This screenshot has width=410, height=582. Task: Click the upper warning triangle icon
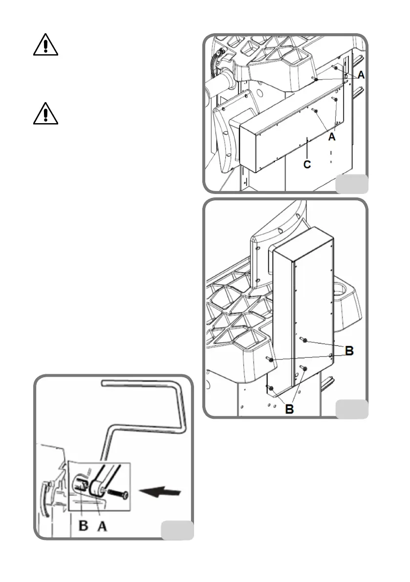[x=46, y=46]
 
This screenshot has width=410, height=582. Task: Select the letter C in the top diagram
[x=307, y=164]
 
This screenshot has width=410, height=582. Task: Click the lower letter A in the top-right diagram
[x=332, y=137]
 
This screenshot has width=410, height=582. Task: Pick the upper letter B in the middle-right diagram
[x=349, y=350]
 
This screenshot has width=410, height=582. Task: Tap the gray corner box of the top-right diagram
[x=352, y=183]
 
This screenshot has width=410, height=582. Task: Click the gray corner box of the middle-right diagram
[x=352, y=409]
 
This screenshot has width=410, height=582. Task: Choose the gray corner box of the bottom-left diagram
[x=177, y=531]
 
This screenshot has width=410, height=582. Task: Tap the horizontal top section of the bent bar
[x=142, y=384]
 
